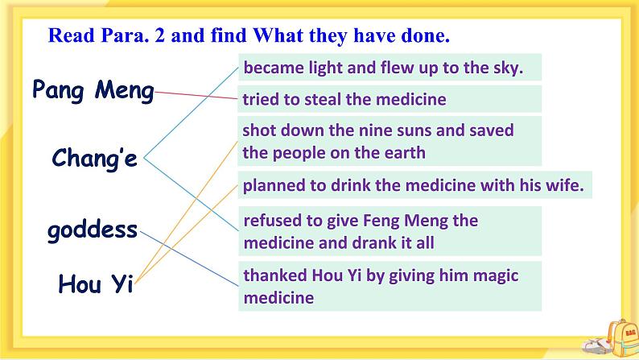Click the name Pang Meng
(93, 90)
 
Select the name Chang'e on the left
(95, 159)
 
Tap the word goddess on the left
(93, 230)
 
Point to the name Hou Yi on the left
(95, 283)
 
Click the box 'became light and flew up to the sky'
(390, 68)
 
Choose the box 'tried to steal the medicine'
(390, 99)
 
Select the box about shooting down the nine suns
(390, 141)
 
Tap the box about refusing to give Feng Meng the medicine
(390, 231)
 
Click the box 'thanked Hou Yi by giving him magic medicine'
(390, 286)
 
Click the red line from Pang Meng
(197, 96)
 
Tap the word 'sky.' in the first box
(506, 68)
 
